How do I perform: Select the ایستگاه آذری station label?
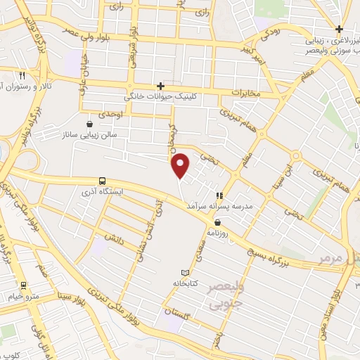coord(104,191)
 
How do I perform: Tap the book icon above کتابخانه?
coord(185,272)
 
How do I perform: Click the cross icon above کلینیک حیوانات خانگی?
coord(161,86)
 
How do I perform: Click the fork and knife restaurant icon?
coord(22,75)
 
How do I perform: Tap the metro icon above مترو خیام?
coord(25,285)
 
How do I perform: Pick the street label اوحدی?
coord(111,113)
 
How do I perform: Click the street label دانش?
coord(114,236)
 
